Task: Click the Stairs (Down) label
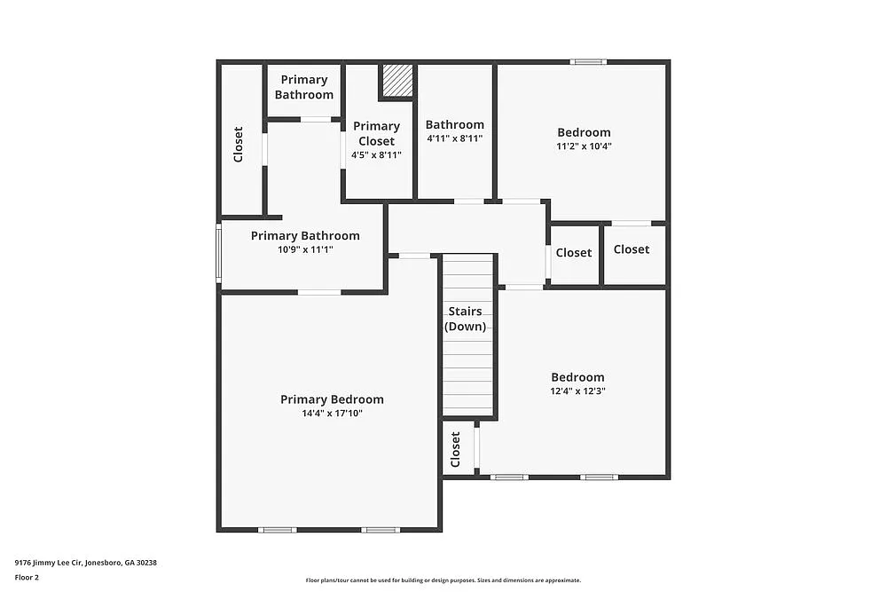466,319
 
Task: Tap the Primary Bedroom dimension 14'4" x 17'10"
332,413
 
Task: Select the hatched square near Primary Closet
397,81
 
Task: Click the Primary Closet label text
376,133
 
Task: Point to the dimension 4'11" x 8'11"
454,138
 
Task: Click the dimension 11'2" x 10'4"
584,146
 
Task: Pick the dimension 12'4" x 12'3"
577,391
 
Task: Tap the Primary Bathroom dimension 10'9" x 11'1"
305,249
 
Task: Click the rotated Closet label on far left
238,145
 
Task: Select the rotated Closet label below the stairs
456,449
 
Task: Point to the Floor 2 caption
27,577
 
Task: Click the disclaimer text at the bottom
443,580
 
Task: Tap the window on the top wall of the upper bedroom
588,62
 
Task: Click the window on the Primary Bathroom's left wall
219,254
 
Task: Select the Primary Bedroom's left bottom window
278,530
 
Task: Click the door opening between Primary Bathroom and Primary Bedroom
319,292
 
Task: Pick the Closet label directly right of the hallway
574,253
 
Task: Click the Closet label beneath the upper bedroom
632,249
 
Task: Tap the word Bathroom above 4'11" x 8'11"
454,125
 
